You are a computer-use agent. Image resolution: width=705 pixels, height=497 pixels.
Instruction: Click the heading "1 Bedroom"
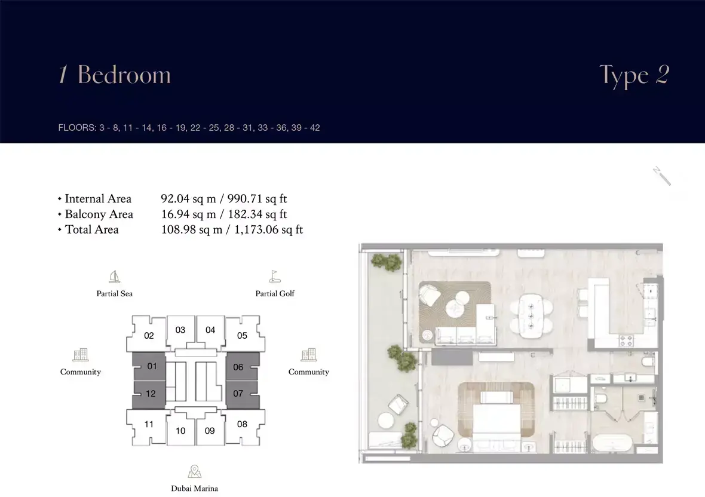click(x=115, y=75)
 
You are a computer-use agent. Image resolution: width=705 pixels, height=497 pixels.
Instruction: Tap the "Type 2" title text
click(x=634, y=75)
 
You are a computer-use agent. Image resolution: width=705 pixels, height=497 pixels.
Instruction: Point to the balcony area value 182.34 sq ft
click(x=257, y=214)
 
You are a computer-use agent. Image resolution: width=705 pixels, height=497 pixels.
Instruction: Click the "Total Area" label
click(x=92, y=229)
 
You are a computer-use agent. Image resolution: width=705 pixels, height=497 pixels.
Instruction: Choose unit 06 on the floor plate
click(x=238, y=367)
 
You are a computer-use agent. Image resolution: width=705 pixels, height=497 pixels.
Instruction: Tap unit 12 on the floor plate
click(x=150, y=394)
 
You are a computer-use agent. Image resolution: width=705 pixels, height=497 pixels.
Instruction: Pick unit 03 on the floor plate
click(x=180, y=330)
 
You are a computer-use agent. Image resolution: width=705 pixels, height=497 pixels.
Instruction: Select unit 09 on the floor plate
click(x=210, y=431)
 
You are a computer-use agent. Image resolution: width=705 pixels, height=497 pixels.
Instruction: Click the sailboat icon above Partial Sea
click(x=115, y=277)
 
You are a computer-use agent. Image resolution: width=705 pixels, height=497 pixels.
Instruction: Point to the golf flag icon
click(x=275, y=277)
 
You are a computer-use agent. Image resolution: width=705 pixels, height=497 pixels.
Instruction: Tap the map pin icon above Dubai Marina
click(x=194, y=471)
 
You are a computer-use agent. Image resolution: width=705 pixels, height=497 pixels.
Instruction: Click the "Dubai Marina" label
click(x=194, y=489)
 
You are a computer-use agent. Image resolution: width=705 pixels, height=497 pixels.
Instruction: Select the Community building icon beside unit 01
click(x=81, y=355)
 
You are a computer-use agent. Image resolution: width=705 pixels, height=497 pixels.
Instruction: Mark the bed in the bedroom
click(x=496, y=421)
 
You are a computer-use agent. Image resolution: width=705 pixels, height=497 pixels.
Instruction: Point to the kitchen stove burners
click(x=626, y=340)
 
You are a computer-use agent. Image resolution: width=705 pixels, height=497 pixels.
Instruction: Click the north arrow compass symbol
click(x=662, y=176)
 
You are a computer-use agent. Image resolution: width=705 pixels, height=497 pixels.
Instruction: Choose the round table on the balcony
click(x=386, y=421)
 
